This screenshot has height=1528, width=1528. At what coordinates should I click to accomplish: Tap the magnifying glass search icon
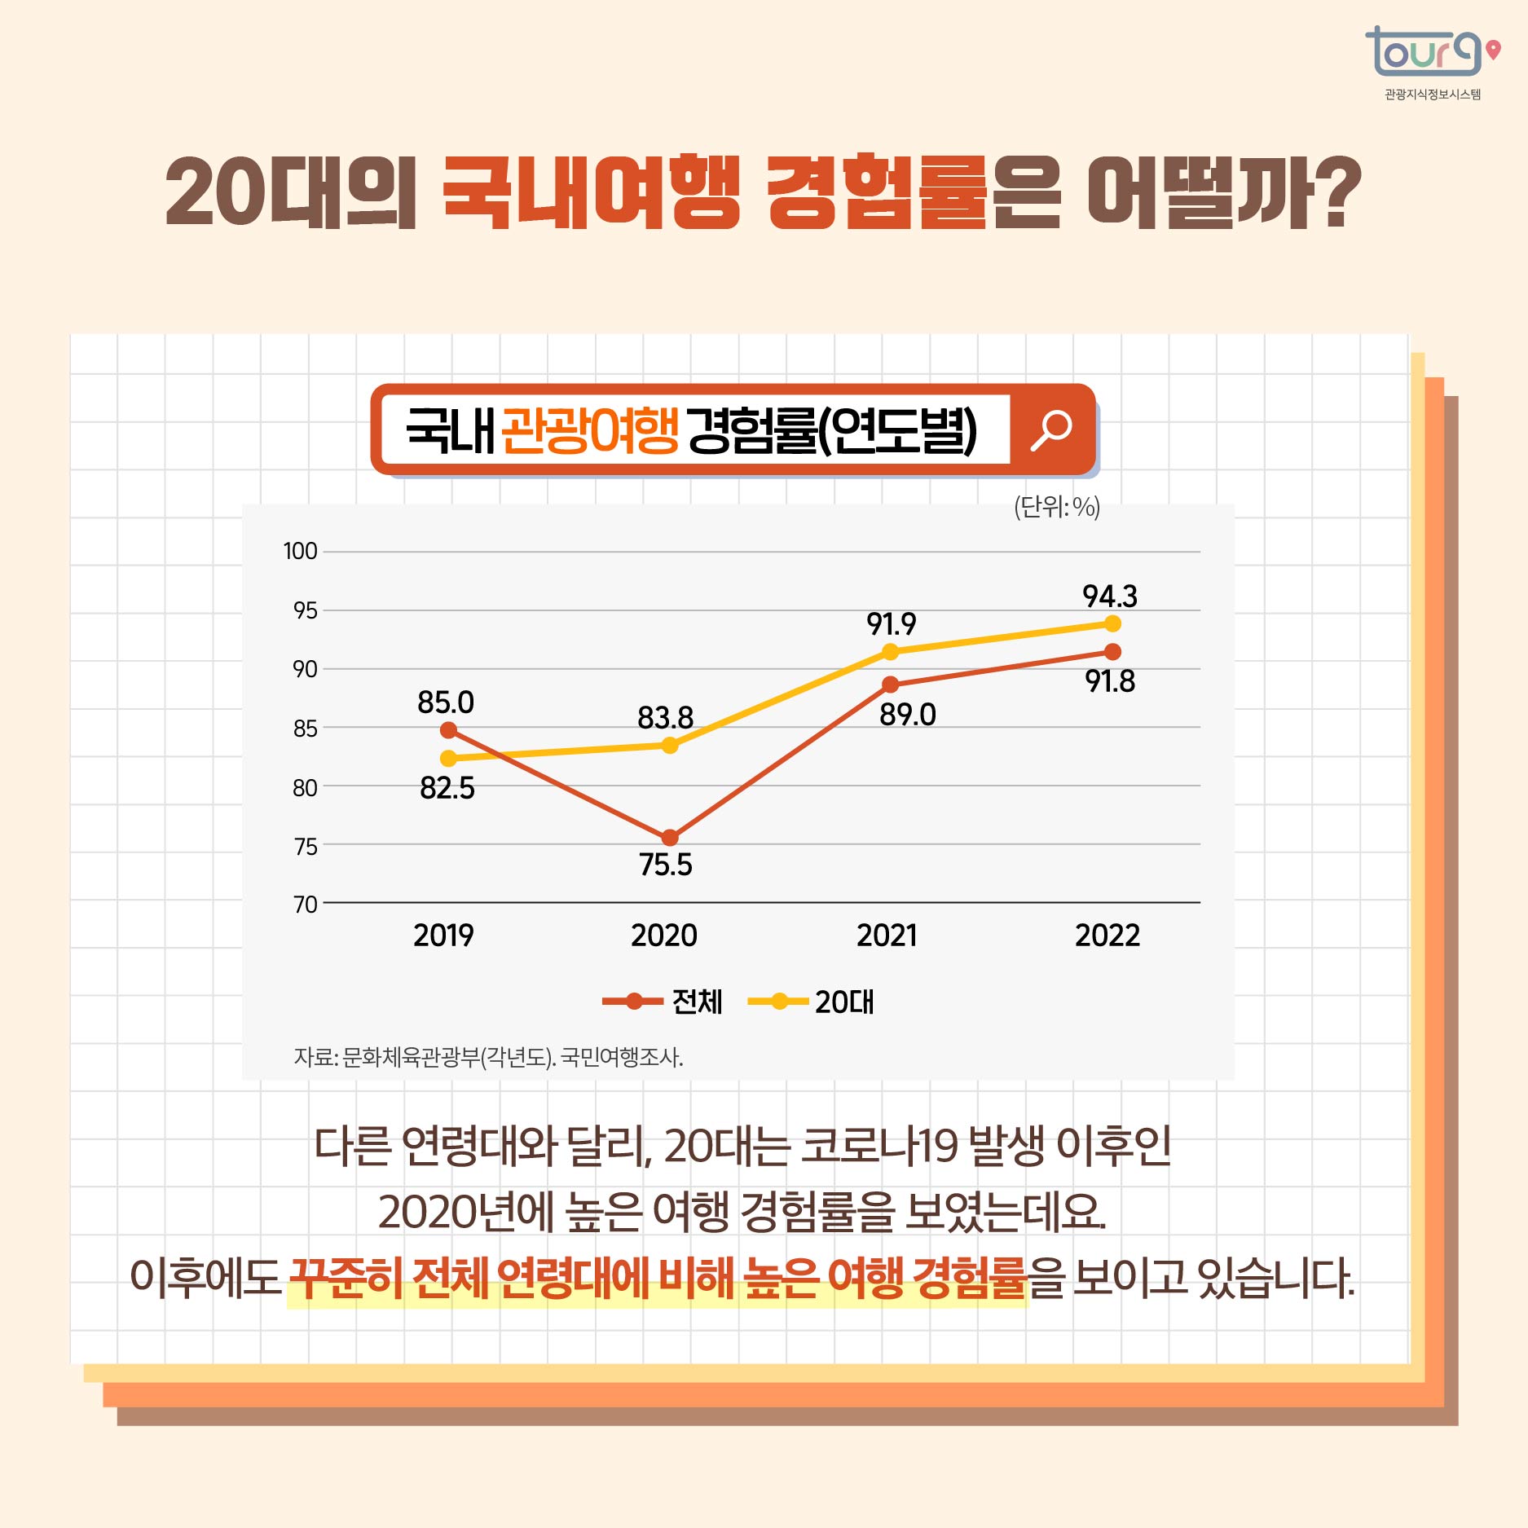(x=1051, y=429)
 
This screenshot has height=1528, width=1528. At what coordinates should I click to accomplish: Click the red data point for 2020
(x=670, y=837)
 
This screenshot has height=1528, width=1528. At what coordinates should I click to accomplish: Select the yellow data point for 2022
(x=1112, y=623)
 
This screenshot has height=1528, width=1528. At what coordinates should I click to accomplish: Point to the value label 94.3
(x=1109, y=597)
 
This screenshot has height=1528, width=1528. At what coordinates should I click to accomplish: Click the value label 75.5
(x=665, y=865)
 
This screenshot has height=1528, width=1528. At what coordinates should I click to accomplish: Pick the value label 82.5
(x=447, y=788)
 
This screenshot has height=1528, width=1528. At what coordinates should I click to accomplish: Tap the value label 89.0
(x=907, y=715)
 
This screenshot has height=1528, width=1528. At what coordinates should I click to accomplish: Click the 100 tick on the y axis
(x=300, y=551)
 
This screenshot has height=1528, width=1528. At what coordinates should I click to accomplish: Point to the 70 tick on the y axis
(x=305, y=904)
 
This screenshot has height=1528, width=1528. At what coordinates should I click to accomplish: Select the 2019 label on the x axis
(x=443, y=935)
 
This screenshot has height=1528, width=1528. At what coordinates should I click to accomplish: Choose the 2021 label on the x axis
(x=887, y=935)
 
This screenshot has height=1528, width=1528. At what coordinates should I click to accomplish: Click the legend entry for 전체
(x=663, y=1002)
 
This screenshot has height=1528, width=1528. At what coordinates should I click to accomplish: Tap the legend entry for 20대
(x=812, y=1002)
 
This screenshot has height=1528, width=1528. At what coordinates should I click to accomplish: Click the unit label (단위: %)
(x=1056, y=507)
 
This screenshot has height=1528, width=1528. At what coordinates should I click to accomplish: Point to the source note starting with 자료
(x=488, y=1057)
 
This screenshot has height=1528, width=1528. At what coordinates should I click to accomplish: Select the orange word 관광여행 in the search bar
(x=589, y=429)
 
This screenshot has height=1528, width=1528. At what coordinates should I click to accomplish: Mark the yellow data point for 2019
(x=448, y=759)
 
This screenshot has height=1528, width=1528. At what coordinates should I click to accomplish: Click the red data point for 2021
(x=891, y=685)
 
